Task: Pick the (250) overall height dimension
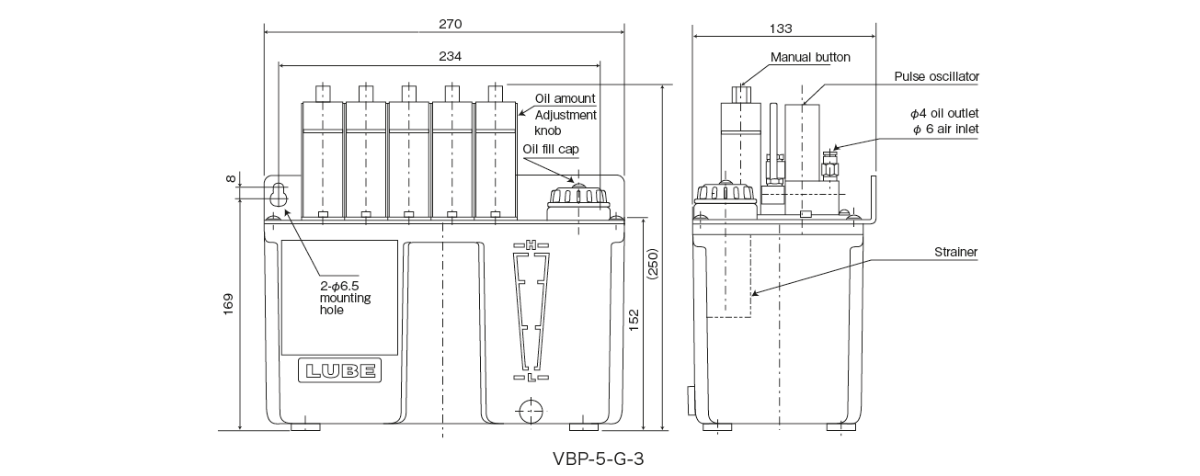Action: [653, 266]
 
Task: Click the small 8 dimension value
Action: [229, 178]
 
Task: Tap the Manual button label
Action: [810, 57]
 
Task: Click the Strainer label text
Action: [955, 251]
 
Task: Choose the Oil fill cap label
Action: [551, 149]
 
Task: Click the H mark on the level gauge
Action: [531, 244]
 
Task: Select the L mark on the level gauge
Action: [531, 378]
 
